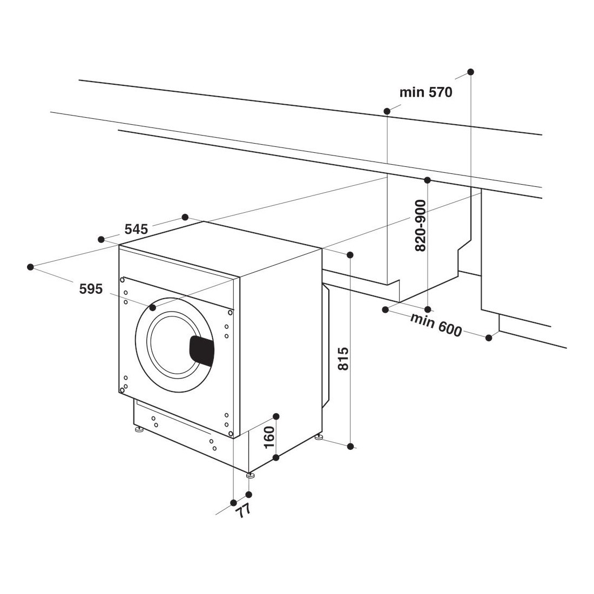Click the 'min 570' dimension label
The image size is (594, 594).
(426, 92)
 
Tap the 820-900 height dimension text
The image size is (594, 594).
(421, 225)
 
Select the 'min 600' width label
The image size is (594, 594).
(436, 325)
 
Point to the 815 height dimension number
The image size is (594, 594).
(343, 359)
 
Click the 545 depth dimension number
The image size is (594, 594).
(137, 229)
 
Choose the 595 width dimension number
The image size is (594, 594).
(91, 289)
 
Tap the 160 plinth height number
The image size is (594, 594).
(268, 437)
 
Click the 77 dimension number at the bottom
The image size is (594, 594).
(243, 511)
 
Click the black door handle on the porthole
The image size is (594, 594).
(201, 351)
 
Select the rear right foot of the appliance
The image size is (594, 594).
(319, 437)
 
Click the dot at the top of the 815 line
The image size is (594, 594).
(350, 254)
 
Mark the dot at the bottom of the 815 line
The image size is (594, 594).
(350, 447)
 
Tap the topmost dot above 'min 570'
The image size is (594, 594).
(470, 72)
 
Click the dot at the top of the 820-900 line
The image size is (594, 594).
(427, 180)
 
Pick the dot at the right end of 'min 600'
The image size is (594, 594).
(489, 337)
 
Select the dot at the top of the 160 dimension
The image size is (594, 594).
(276, 417)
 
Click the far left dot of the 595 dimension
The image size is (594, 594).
(31, 267)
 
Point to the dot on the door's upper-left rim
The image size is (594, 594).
(153, 307)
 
